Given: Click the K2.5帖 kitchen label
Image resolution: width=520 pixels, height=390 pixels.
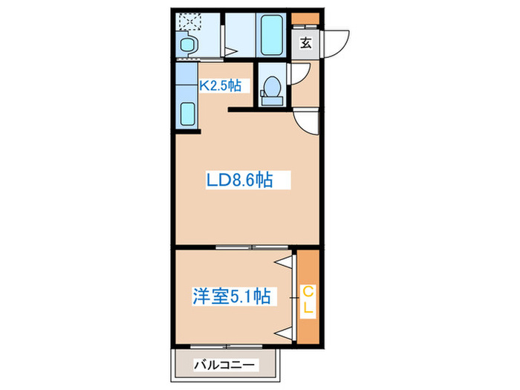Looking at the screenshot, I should point(219,85).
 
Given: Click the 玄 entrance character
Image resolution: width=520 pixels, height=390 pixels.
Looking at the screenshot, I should point(305,42).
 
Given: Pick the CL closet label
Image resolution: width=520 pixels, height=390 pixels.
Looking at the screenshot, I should point(306,297).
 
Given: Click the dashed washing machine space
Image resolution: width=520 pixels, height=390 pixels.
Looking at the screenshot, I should point(189,23).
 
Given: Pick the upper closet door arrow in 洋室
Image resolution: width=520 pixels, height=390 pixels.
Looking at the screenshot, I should point(283,262).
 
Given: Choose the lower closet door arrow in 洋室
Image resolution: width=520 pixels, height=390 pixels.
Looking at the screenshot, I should point(283,330).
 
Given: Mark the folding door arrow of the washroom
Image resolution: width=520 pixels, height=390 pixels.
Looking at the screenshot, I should point(232,52).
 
